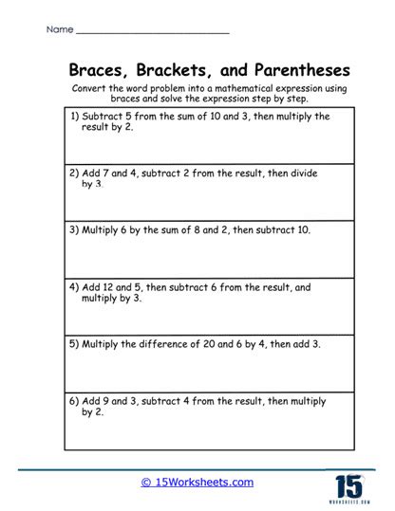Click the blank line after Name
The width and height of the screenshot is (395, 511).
tap(151, 32)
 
